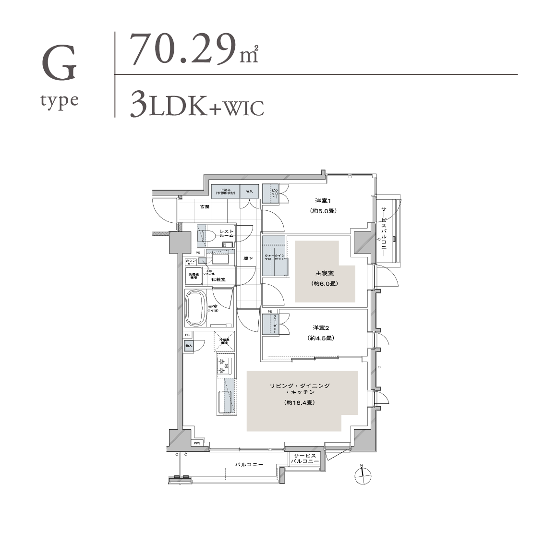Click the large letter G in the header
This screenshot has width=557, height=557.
60,64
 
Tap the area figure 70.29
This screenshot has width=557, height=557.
183,49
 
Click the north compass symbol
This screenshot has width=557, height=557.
363,475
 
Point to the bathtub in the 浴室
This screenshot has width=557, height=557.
195,308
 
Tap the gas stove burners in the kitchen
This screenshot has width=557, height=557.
224,366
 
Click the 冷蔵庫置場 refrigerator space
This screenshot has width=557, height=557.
224,341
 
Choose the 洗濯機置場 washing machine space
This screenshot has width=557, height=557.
194,277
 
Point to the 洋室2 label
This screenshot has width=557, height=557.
320,327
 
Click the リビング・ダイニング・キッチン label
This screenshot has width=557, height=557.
300,389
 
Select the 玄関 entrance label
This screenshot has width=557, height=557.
205,206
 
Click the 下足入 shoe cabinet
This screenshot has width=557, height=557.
225,192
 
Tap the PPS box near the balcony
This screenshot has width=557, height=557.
197,443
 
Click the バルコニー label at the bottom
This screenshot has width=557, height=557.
249,465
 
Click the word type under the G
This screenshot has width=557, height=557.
60,101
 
